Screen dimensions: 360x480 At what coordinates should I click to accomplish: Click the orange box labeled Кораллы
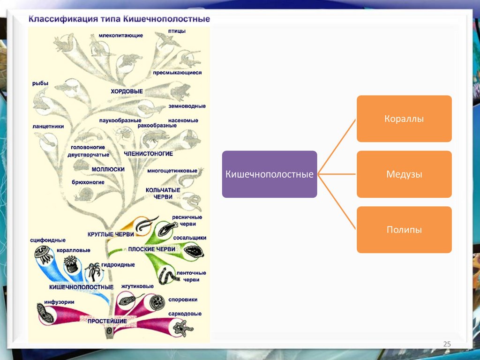(x=404, y=119)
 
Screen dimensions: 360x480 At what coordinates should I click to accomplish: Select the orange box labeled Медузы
(x=404, y=174)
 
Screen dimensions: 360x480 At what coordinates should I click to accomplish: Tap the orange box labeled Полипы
(x=404, y=230)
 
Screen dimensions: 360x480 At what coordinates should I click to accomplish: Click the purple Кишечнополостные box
(x=270, y=174)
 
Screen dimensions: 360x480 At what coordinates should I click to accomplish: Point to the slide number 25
(x=447, y=345)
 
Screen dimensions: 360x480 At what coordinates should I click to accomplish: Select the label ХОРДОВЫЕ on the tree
(x=127, y=91)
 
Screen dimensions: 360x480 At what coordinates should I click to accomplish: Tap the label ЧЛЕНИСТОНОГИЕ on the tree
(x=149, y=154)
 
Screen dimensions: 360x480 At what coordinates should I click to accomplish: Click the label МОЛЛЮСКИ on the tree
(x=108, y=169)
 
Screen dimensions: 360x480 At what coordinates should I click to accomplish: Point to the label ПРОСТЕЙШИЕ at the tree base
(x=107, y=321)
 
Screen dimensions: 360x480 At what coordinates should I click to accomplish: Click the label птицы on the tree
(x=177, y=31)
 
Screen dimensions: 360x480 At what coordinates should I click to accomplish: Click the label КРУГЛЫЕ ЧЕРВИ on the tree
(x=111, y=234)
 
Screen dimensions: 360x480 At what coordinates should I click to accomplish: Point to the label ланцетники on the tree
(x=49, y=126)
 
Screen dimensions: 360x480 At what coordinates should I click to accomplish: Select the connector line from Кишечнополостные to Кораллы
(x=337, y=146)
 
